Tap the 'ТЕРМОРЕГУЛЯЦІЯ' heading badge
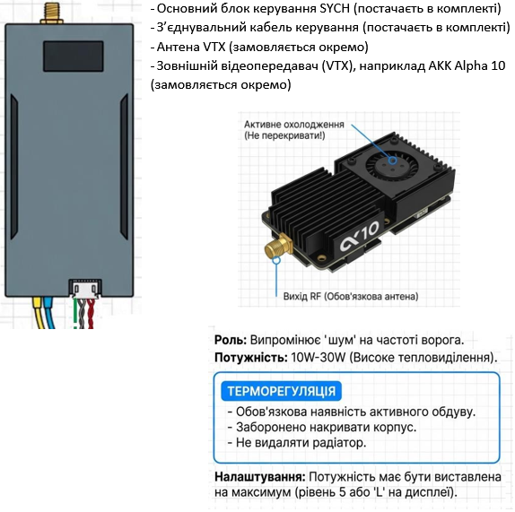[282, 392]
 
